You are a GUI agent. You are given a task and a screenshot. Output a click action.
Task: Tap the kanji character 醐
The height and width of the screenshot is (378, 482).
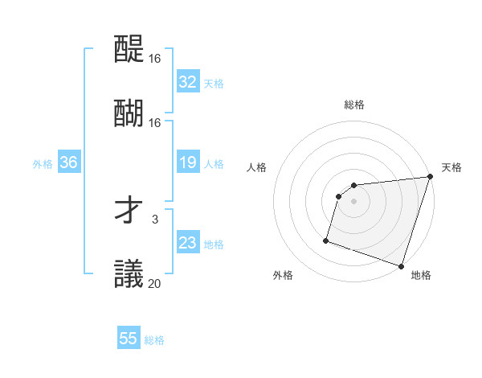coord(129,113)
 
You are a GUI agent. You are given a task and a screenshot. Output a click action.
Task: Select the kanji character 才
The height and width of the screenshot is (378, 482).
coord(129,211)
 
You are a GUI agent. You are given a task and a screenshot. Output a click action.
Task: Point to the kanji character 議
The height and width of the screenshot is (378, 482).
coord(129,273)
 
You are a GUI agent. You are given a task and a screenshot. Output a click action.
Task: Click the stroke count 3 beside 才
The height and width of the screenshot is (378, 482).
coord(155,219)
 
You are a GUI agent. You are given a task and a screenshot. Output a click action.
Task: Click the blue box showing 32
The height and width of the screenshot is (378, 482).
coord(187,82)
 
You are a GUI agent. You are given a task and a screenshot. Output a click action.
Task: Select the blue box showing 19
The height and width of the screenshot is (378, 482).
coord(187,163)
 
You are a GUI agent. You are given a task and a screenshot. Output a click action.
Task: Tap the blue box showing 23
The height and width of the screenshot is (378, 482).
coord(187,243)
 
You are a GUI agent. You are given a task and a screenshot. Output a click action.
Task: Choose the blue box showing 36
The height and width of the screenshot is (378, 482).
coord(68,162)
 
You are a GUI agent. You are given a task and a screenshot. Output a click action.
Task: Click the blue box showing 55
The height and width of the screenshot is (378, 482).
coord(129,339)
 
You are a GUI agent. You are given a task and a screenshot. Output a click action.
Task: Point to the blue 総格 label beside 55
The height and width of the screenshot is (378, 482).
coord(154,340)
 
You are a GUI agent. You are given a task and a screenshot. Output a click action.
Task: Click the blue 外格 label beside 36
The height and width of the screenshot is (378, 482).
coord(43,164)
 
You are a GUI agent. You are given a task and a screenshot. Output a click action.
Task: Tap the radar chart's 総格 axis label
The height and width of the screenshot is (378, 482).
coord(354,105)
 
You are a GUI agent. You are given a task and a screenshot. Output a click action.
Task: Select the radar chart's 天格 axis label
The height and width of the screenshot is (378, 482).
coord(451,167)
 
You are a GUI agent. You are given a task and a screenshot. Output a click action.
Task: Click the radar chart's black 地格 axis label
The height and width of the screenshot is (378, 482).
coord(421,275)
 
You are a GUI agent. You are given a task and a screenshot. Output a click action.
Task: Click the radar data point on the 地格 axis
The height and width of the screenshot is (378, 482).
coord(401,265)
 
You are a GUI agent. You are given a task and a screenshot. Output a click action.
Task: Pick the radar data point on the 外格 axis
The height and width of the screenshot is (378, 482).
coord(327,240)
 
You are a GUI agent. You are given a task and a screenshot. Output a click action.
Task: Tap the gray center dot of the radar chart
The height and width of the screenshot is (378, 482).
coord(354,201)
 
